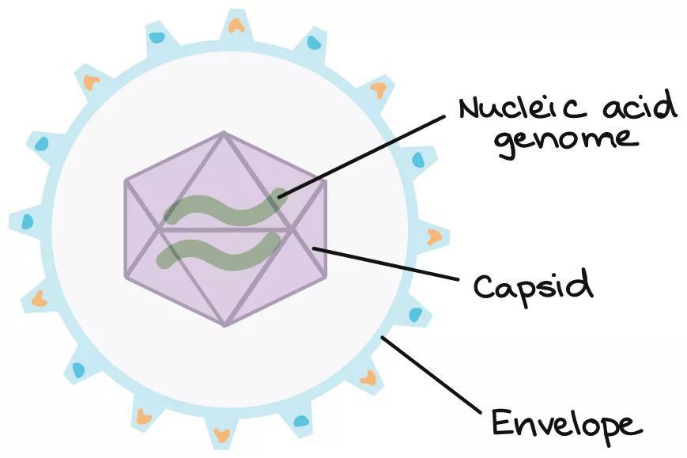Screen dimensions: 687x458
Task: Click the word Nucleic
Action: pos(523,108)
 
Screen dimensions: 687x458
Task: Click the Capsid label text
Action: pos(534,286)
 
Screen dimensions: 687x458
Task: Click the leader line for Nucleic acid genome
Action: pos(362,155)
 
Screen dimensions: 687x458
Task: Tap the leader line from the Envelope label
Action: pos(432,375)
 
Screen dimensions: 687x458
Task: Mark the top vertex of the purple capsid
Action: pos(224,131)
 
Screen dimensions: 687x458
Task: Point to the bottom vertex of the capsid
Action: pos(225,326)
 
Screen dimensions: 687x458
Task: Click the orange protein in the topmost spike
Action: pos(236,25)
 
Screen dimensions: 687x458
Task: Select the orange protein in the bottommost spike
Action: pos(221,435)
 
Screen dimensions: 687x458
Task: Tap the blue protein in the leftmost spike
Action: pos(27,221)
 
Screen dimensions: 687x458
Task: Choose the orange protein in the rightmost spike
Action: pos(434,237)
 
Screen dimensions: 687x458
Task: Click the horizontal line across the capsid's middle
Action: pos(225,229)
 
